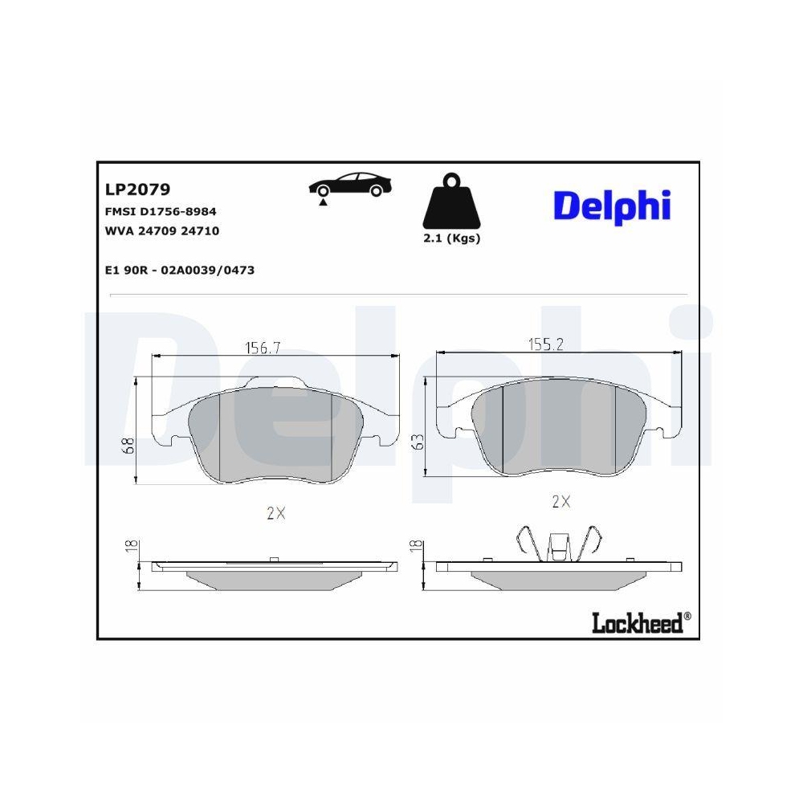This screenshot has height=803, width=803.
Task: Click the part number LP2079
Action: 137,190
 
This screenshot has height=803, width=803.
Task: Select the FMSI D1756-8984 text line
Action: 161,211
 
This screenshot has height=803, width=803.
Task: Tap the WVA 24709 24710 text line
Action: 162,230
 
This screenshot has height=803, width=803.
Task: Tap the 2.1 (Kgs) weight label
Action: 451,239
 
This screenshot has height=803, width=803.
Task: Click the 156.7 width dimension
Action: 262,348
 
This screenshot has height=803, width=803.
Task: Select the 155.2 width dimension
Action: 545,344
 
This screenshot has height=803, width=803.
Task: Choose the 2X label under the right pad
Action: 560,502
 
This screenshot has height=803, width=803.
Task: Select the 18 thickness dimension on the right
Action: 416,546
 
